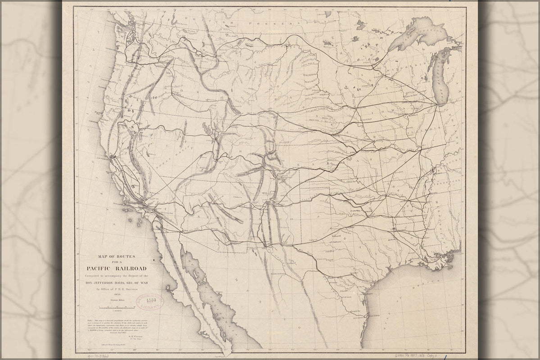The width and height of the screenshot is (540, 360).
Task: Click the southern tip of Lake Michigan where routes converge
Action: coord(438,104)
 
